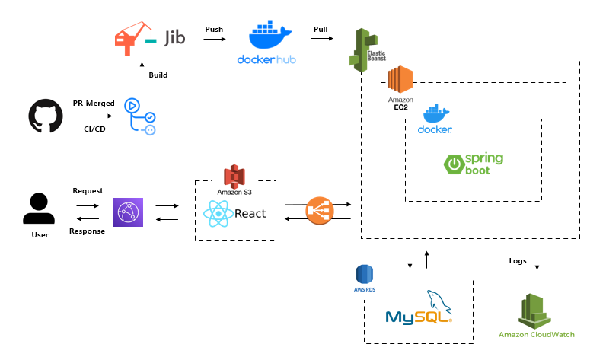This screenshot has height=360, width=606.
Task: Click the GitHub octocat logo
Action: click(45, 116)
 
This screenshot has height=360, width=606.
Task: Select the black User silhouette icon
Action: click(39, 209)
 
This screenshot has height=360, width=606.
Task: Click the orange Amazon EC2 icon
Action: click(400, 79)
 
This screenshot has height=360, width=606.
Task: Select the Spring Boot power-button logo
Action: click(454, 164)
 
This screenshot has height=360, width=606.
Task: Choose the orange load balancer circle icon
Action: click(319, 211)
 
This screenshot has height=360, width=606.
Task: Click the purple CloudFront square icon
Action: click(127, 212)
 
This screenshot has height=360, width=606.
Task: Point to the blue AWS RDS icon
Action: click(365, 275)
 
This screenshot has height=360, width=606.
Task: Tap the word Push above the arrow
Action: click(214, 29)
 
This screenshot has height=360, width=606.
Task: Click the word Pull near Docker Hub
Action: click(321, 29)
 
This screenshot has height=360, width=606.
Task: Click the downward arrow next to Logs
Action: click(537, 261)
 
